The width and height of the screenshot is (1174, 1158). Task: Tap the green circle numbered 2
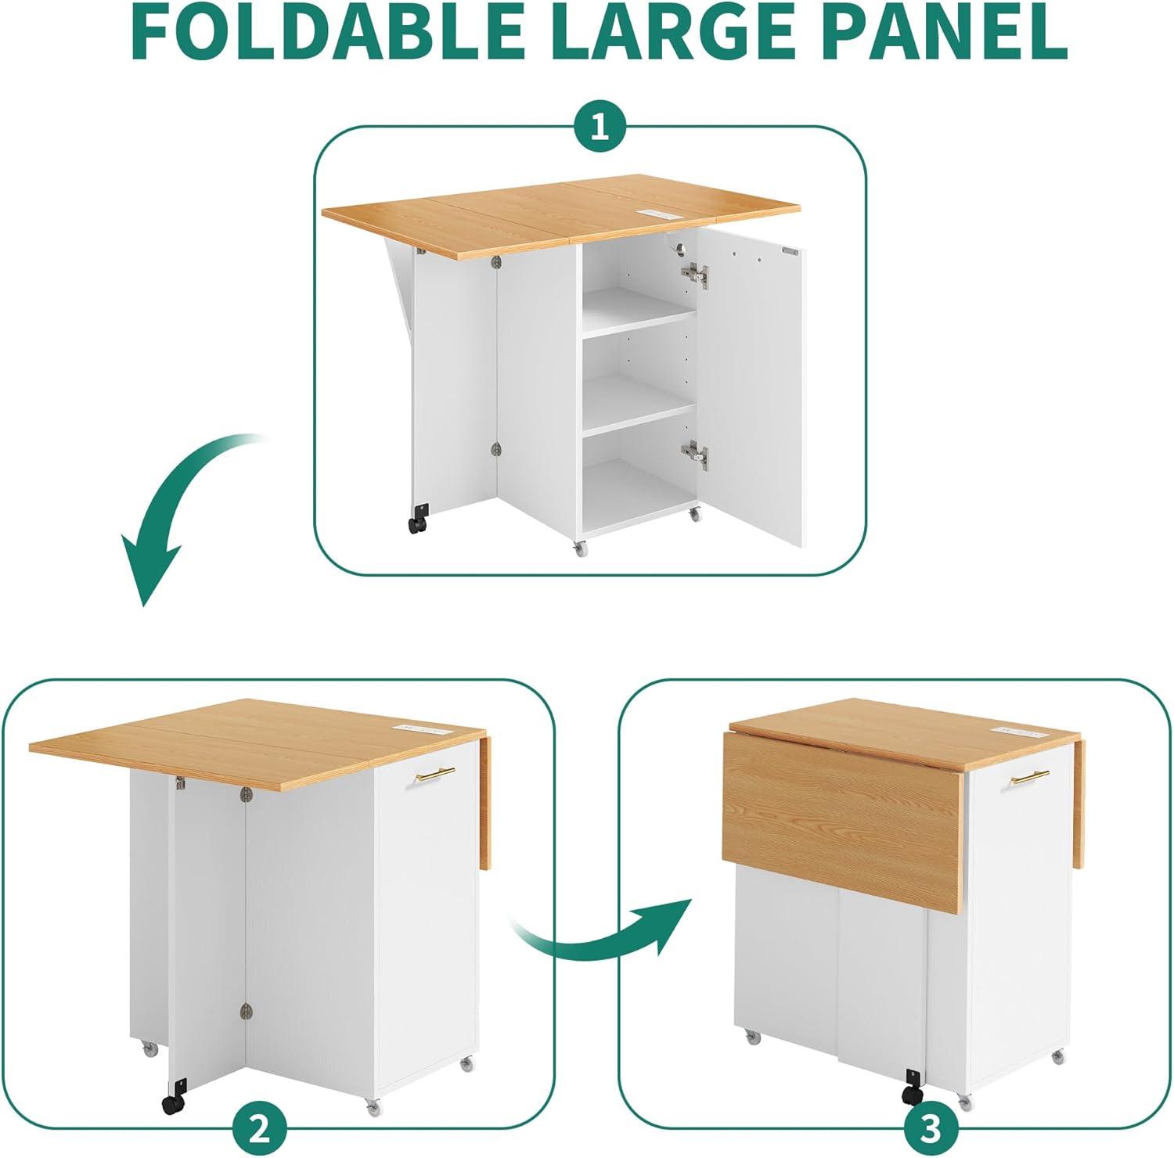tap(260, 1129)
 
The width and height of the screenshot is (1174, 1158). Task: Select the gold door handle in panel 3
tap(1030, 777)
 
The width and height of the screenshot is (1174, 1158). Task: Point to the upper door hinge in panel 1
tap(695, 274)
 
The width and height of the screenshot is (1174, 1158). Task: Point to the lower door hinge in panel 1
tap(695, 454)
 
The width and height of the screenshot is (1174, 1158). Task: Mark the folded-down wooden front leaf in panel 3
tap(841, 822)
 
